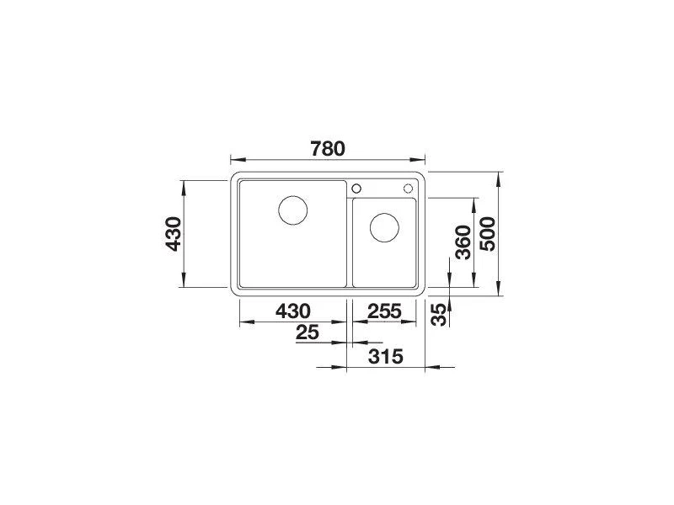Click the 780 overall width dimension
point(328,149)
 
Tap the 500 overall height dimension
point(488,234)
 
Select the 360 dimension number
point(463,242)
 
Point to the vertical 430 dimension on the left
point(174,234)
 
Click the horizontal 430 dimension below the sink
point(292,311)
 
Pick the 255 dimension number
point(384,311)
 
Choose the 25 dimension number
point(308,332)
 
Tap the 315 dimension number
point(386,356)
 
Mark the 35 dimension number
point(439,315)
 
